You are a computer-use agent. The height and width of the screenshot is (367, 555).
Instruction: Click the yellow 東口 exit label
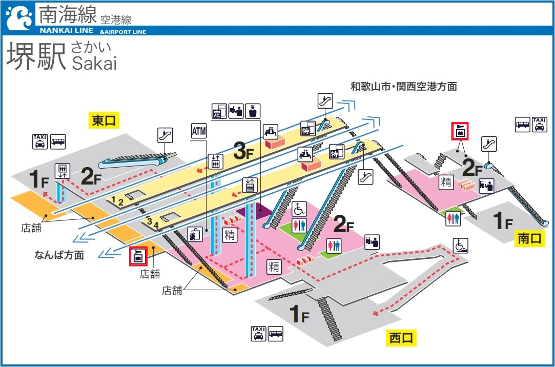104,120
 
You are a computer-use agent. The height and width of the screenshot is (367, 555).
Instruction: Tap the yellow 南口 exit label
529,238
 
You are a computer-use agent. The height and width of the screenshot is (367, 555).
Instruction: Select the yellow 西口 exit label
400,337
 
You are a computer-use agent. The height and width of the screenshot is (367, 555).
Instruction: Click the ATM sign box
198,131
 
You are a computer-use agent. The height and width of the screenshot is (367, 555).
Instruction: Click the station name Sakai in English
94,63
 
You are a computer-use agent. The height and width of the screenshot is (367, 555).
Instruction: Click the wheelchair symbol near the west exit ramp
460,246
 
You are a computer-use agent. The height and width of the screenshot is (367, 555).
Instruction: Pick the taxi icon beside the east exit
39,141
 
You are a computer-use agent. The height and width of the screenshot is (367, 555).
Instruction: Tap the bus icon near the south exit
523,125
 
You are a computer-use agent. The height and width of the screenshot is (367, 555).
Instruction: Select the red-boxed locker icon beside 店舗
138,255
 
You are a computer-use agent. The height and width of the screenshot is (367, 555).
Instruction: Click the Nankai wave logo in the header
18,18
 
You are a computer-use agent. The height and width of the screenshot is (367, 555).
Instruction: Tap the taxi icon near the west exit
259,334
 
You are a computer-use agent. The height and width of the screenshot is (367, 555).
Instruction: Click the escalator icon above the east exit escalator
165,135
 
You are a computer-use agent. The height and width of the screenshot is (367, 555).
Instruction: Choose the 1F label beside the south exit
502,220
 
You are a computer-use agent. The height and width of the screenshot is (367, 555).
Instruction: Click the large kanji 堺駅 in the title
36,56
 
